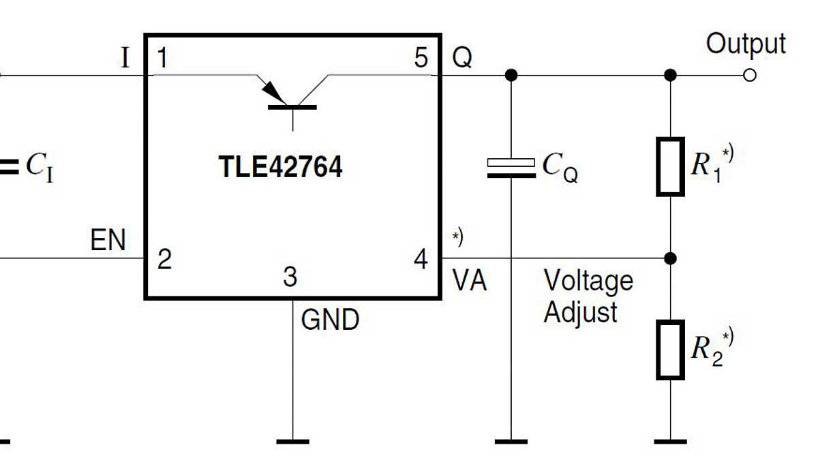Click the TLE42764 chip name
click(x=280, y=168)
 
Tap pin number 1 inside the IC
click(x=162, y=59)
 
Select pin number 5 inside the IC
click(x=421, y=59)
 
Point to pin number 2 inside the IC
click(x=164, y=260)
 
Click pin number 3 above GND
click(x=290, y=277)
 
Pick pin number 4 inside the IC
click(x=421, y=260)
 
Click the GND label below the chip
click(x=330, y=319)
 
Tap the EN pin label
click(x=108, y=241)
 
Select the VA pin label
click(x=470, y=281)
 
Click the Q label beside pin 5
click(x=462, y=59)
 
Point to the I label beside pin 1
click(x=124, y=59)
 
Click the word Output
click(x=746, y=44)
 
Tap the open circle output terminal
click(x=750, y=75)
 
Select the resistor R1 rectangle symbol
click(x=670, y=166)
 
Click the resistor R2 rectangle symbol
click(x=670, y=350)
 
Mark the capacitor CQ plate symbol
click(x=511, y=168)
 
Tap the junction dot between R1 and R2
click(x=671, y=258)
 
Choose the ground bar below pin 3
click(x=292, y=442)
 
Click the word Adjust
click(x=580, y=313)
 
